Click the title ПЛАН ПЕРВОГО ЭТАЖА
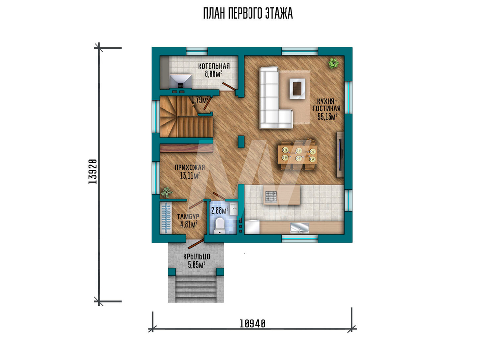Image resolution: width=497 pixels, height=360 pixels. [248, 14]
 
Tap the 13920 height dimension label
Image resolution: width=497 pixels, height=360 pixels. [93, 171]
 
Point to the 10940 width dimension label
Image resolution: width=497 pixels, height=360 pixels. [252, 324]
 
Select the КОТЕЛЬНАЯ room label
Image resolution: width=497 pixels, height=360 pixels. [214, 66]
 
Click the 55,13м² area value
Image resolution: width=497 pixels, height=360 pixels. [327, 116]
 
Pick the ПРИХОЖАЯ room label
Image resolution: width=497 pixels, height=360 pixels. [190, 167]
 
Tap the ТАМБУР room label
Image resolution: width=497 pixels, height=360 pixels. [188, 216]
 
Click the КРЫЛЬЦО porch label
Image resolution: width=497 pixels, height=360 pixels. [196, 257]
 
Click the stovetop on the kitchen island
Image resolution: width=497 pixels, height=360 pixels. [271, 196]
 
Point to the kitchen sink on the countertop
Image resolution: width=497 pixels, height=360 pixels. [300, 227]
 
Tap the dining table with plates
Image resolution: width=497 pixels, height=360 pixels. [297, 154]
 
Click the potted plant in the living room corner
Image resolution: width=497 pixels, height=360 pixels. [333, 63]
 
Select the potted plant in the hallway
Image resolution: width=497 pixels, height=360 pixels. [166, 192]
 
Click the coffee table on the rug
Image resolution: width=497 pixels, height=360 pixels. [297, 88]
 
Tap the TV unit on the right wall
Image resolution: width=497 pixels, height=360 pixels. [340, 154]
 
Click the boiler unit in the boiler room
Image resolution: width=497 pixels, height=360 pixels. [181, 81]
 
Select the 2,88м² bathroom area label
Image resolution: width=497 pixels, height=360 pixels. [220, 210]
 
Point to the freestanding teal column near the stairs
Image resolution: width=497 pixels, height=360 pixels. [241, 142]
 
